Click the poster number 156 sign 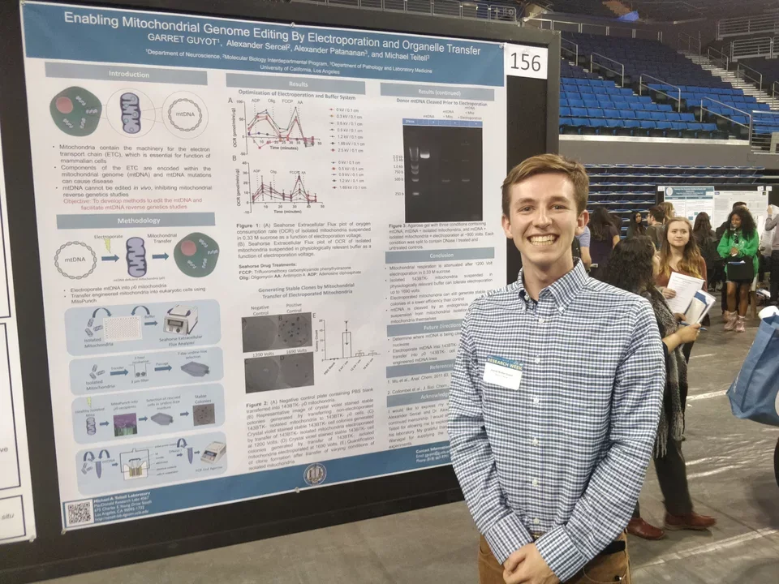pos(526,62)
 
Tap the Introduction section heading pos(128,74)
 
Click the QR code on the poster pos(78,513)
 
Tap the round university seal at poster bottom pos(314,474)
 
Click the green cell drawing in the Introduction pos(75,110)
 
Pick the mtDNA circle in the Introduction pos(184,114)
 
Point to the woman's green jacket pos(738,243)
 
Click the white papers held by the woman pos(683,292)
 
